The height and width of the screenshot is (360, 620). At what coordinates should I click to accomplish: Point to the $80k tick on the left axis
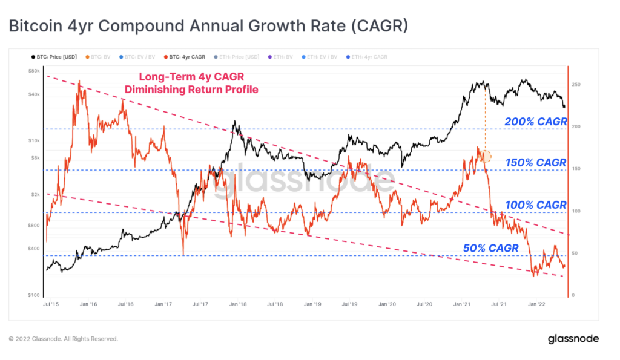(x=34, y=71)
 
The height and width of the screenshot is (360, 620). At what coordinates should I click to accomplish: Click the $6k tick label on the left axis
(x=35, y=158)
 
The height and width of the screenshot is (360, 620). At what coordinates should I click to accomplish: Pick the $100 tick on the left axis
(x=34, y=295)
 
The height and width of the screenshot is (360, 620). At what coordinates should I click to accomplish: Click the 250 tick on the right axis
(x=576, y=85)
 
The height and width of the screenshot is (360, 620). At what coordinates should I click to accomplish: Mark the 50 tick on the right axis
(x=575, y=254)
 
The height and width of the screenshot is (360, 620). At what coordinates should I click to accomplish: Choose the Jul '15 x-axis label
(x=51, y=304)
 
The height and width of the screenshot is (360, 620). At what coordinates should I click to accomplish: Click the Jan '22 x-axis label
(x=536, y=304)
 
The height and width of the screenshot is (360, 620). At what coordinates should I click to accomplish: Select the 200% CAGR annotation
(x=535, y=122)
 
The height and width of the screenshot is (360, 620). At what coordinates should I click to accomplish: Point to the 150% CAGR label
(x=535, y=163)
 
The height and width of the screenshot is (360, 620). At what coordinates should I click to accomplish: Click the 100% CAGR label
(x=535, y=205)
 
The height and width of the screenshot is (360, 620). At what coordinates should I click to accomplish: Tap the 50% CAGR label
(x=490, y=248)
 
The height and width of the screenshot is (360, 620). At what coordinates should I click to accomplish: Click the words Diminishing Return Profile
(x=191, y=90)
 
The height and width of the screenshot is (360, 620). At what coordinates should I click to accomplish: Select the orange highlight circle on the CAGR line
(x=485, y=157)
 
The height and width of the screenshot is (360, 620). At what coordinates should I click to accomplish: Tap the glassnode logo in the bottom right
(x=573, y=339)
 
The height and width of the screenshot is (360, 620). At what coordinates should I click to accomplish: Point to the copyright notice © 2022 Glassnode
(x=63, y=339)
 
